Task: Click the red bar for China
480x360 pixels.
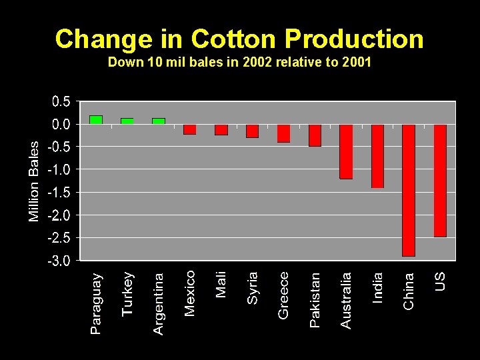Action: pos(409,190)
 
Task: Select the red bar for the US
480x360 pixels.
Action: pos(440,181)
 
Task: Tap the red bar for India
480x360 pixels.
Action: pos(377,156)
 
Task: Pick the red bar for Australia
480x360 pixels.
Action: pos(346,151)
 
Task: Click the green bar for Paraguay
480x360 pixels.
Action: pos(96,120)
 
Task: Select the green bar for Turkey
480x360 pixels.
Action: pos(127,121)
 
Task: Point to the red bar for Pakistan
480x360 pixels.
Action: pos(315,135)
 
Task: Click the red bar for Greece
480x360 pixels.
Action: pos(283,133)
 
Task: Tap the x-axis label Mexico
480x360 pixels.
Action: pos(190,293)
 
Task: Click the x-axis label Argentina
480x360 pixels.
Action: pos(159,303)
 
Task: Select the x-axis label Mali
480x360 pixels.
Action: pos(221,284)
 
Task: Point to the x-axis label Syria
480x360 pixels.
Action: pos(253,287)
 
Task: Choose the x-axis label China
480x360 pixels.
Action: pos(409,290)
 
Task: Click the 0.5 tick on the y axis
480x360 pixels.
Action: pos(61,102)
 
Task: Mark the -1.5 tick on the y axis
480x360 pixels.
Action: pos(59,193)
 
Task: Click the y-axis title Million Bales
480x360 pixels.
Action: pos(34,181)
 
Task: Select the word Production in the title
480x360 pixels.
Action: pos(354,39)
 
